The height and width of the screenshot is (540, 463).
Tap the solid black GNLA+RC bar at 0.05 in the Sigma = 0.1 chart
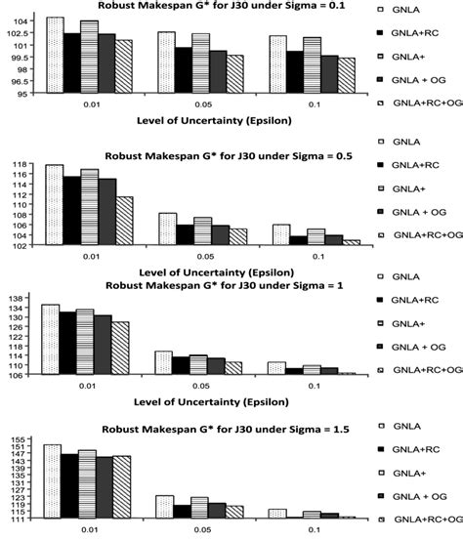point(183,70)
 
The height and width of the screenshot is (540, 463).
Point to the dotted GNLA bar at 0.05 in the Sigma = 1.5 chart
point(164,506)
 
